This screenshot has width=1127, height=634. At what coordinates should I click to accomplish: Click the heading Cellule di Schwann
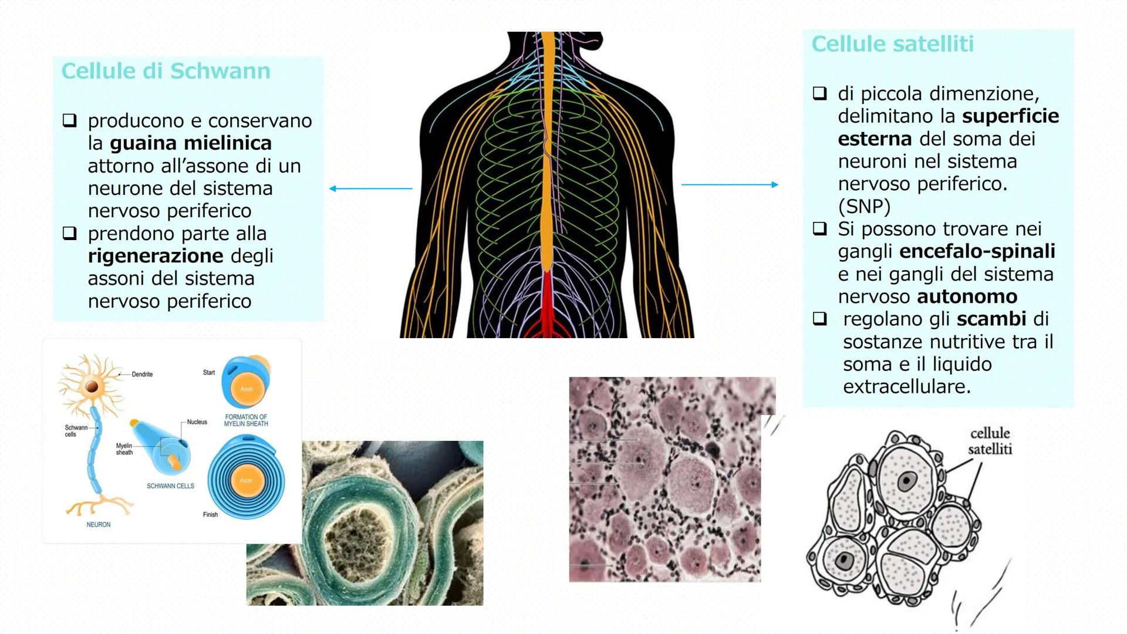click(x=166, y=71)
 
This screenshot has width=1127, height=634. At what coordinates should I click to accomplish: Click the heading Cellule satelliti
click(x=892, y=44)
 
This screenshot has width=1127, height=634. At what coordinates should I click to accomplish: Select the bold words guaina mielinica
click(x=190, y=143)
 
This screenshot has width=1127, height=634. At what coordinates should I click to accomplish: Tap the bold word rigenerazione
click(x=156, y=256)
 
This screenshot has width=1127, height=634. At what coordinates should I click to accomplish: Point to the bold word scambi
click(x=991, y=319)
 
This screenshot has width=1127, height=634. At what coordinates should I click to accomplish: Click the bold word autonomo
click(x=967, y=296)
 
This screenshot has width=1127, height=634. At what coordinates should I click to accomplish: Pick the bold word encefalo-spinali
click(x=977, y=251)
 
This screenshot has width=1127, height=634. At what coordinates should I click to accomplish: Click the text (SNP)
click(x=864, y=207)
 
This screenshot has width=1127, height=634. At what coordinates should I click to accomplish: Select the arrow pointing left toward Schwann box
click(x=370, y=188)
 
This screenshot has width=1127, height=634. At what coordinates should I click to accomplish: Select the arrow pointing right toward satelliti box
click(x=730, y=184)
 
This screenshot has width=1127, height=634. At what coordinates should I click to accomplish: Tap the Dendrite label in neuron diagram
click(x=142, y=375)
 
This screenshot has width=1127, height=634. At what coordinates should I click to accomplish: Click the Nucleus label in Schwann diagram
click(x=197, y=422)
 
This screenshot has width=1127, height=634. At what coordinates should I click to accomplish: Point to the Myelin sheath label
click(x=124, y=449)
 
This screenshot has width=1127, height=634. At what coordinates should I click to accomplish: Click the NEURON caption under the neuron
click(x=99, y=525)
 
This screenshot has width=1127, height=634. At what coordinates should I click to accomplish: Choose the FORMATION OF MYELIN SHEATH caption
click(x=246, y=420)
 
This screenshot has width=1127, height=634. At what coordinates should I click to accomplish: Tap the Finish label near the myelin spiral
click(x=210, y=515)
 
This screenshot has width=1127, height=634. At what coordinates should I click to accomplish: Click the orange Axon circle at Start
click(x=247, y=389)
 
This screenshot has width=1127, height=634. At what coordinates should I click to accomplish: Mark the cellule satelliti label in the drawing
click(x=990, y=441)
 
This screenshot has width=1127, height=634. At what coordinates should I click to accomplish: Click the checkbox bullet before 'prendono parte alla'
click(x=70, y=234)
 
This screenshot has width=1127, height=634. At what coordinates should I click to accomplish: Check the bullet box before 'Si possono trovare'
click(x=819, y=228)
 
